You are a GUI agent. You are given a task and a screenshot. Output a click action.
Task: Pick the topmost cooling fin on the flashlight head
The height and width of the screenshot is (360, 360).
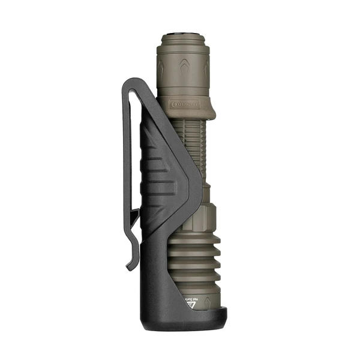tap(207, 236)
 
